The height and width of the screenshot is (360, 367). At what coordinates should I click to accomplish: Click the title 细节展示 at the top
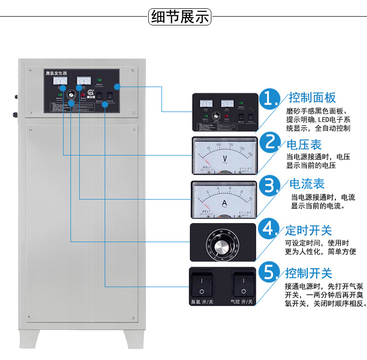point(180,17)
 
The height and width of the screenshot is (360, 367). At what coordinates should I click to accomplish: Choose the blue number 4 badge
point(269,229)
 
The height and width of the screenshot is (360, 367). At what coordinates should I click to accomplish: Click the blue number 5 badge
point(269,272)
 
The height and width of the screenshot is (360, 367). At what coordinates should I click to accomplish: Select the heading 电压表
point(304,144)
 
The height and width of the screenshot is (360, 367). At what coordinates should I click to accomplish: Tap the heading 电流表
point(308,184)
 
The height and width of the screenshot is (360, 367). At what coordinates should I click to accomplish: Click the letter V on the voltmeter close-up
point(225,158)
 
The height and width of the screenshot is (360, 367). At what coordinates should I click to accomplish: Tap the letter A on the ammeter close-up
point(224,202)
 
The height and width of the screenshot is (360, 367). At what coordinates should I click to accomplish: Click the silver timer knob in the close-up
point(222,243)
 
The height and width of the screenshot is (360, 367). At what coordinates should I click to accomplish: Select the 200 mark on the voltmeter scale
point(242,149)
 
